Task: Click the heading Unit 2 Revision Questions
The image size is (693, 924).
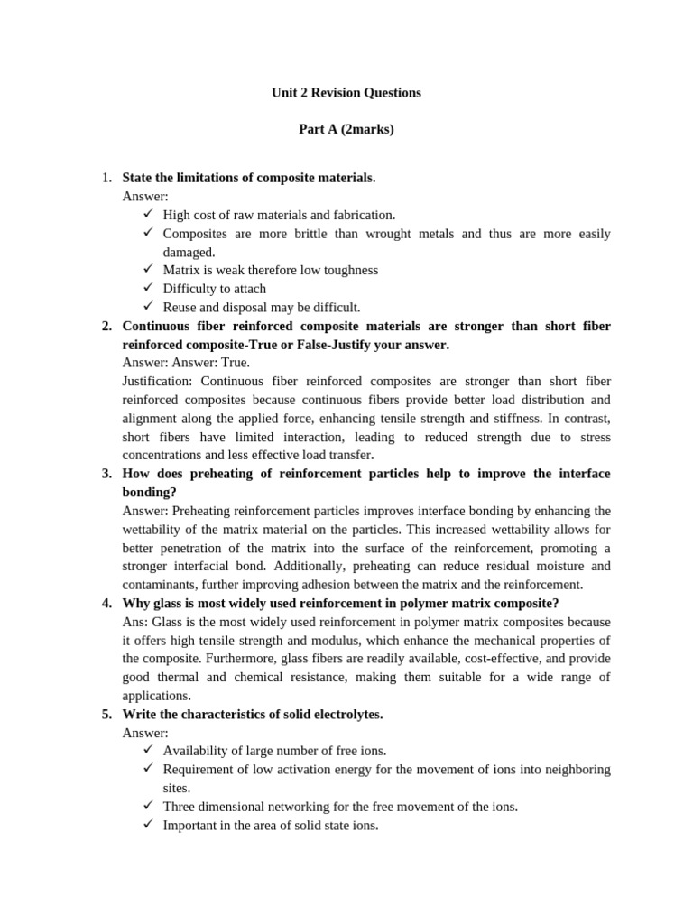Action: click(346, 93)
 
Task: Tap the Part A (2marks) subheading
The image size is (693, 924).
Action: click(346, 130)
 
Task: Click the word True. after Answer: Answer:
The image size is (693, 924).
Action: click(235, 363)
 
